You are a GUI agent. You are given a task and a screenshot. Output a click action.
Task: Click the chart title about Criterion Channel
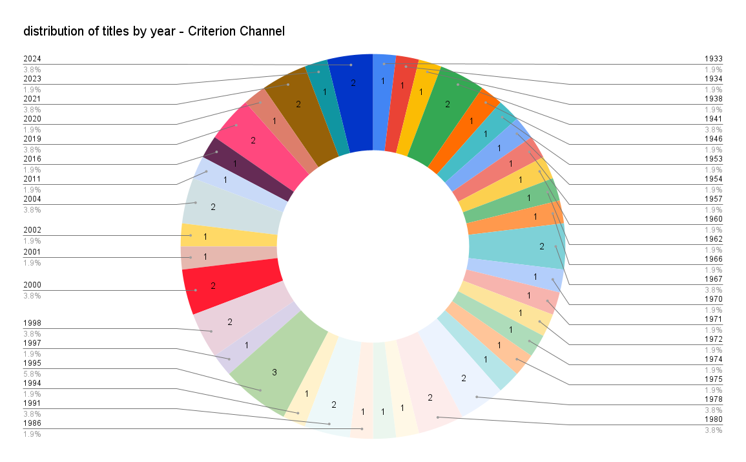point(154,31)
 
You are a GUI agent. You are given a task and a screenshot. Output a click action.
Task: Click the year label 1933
point(713,59)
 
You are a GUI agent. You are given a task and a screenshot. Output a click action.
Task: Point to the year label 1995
point(32,363)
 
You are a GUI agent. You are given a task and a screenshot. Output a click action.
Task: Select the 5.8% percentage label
point(32,373)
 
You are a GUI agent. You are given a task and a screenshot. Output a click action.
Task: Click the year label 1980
point(713,419)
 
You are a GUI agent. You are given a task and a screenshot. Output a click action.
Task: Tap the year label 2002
point(32,230)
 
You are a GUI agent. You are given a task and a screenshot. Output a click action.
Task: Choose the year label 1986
point(32,423)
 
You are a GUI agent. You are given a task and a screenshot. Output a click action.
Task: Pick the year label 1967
point(713,279)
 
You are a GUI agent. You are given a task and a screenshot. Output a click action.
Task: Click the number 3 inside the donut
point(274,372)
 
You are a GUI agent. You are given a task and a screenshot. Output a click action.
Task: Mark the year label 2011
point(32,179)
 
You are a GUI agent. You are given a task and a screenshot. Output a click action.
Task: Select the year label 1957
point(713,199)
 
